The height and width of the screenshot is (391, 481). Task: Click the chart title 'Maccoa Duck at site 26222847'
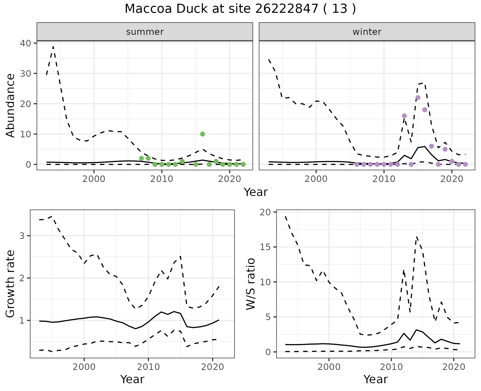pyautogui.click(x=240, y=9)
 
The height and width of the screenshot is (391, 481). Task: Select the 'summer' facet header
pyautogui.click(x=145, y=32)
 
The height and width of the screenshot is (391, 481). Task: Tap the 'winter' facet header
pyautogui.click(x=367, y=32)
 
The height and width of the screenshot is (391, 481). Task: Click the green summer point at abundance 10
pyautogui.click(x=202, y=134)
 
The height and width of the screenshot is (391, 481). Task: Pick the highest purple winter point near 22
pyautogui.click(x=418, y=98)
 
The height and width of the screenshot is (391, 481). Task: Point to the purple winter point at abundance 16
pyautogui.click(x=404, y=116)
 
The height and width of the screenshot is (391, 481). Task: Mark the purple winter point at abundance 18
pyautogui.click(x=425, y=110)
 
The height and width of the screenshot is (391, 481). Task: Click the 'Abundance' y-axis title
pyautogui.click(x=11, y=105)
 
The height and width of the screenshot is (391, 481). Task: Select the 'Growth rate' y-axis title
pyautogui.click(x=11, y=284)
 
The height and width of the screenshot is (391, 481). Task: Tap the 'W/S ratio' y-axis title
pyautogui.click(x=251, y=284)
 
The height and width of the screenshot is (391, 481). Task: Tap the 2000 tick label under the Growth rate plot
pyautogui.click(x=84, y=367)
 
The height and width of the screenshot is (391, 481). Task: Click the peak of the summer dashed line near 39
pyautogui.click(x=53, y=47)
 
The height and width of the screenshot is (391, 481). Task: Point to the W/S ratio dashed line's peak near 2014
pyautogui.click(x=416, y=237)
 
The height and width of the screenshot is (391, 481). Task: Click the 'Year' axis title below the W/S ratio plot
pyautogui.click(x=376, y=379)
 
